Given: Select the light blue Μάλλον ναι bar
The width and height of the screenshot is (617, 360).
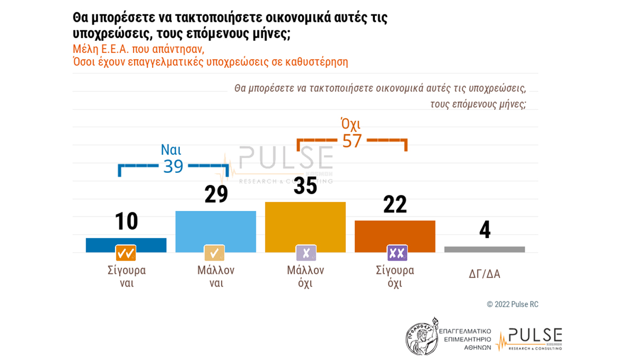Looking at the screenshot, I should click(215, 231).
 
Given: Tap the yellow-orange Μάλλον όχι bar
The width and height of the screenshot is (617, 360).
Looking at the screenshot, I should click(305, 226).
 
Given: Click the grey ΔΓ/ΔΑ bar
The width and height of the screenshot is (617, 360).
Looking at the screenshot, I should click(484, 249).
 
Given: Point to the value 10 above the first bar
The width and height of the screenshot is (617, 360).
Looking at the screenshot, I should click(126, 221).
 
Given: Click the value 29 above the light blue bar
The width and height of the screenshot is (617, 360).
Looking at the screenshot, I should click(216, 194).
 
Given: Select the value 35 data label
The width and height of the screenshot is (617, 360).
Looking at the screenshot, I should click(305, 186).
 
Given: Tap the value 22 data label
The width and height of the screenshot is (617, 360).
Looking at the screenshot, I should click(395, 204).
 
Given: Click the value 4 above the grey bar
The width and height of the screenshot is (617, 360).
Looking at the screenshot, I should click(484, 230).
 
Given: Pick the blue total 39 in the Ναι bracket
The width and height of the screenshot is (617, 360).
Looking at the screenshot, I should click(173, 166).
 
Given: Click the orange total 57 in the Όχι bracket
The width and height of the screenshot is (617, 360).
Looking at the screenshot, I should click(352, 140).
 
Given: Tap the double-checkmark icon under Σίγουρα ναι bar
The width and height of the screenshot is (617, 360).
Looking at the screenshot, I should click(126, 253).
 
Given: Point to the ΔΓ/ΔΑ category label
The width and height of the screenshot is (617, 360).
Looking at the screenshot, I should click(484, 274).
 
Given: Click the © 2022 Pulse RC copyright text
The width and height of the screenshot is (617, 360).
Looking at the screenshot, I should click(512, 304).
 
